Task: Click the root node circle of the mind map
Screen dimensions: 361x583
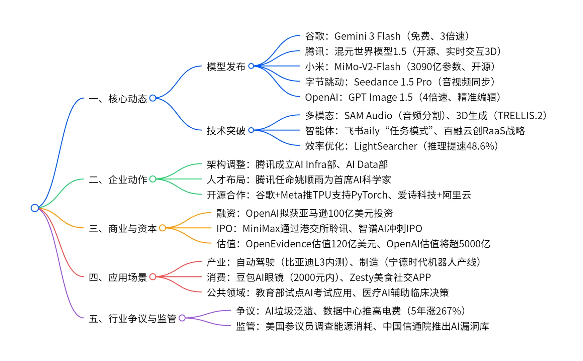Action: pos(35,208)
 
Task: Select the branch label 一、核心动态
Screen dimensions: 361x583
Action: pos(118,99)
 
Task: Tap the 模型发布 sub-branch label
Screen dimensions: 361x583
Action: pos(226,67)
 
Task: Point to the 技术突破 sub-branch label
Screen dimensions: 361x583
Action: pos(226,131)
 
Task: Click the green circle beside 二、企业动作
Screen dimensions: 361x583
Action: pos(153,179)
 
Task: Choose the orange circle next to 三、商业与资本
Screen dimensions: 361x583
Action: pos(163,228)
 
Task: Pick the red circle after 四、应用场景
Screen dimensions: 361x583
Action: pos(153,277)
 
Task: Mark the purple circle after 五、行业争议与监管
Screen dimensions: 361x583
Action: pos(182,318)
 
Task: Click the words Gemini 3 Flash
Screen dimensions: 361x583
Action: pos(367,36)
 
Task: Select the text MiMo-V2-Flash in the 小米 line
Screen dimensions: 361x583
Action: pos(367,67)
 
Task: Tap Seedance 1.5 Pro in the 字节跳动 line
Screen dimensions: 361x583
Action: pos(393,82)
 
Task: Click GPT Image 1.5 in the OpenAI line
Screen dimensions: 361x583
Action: pos(380,97)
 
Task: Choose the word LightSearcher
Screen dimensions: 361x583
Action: pos(385,146)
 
